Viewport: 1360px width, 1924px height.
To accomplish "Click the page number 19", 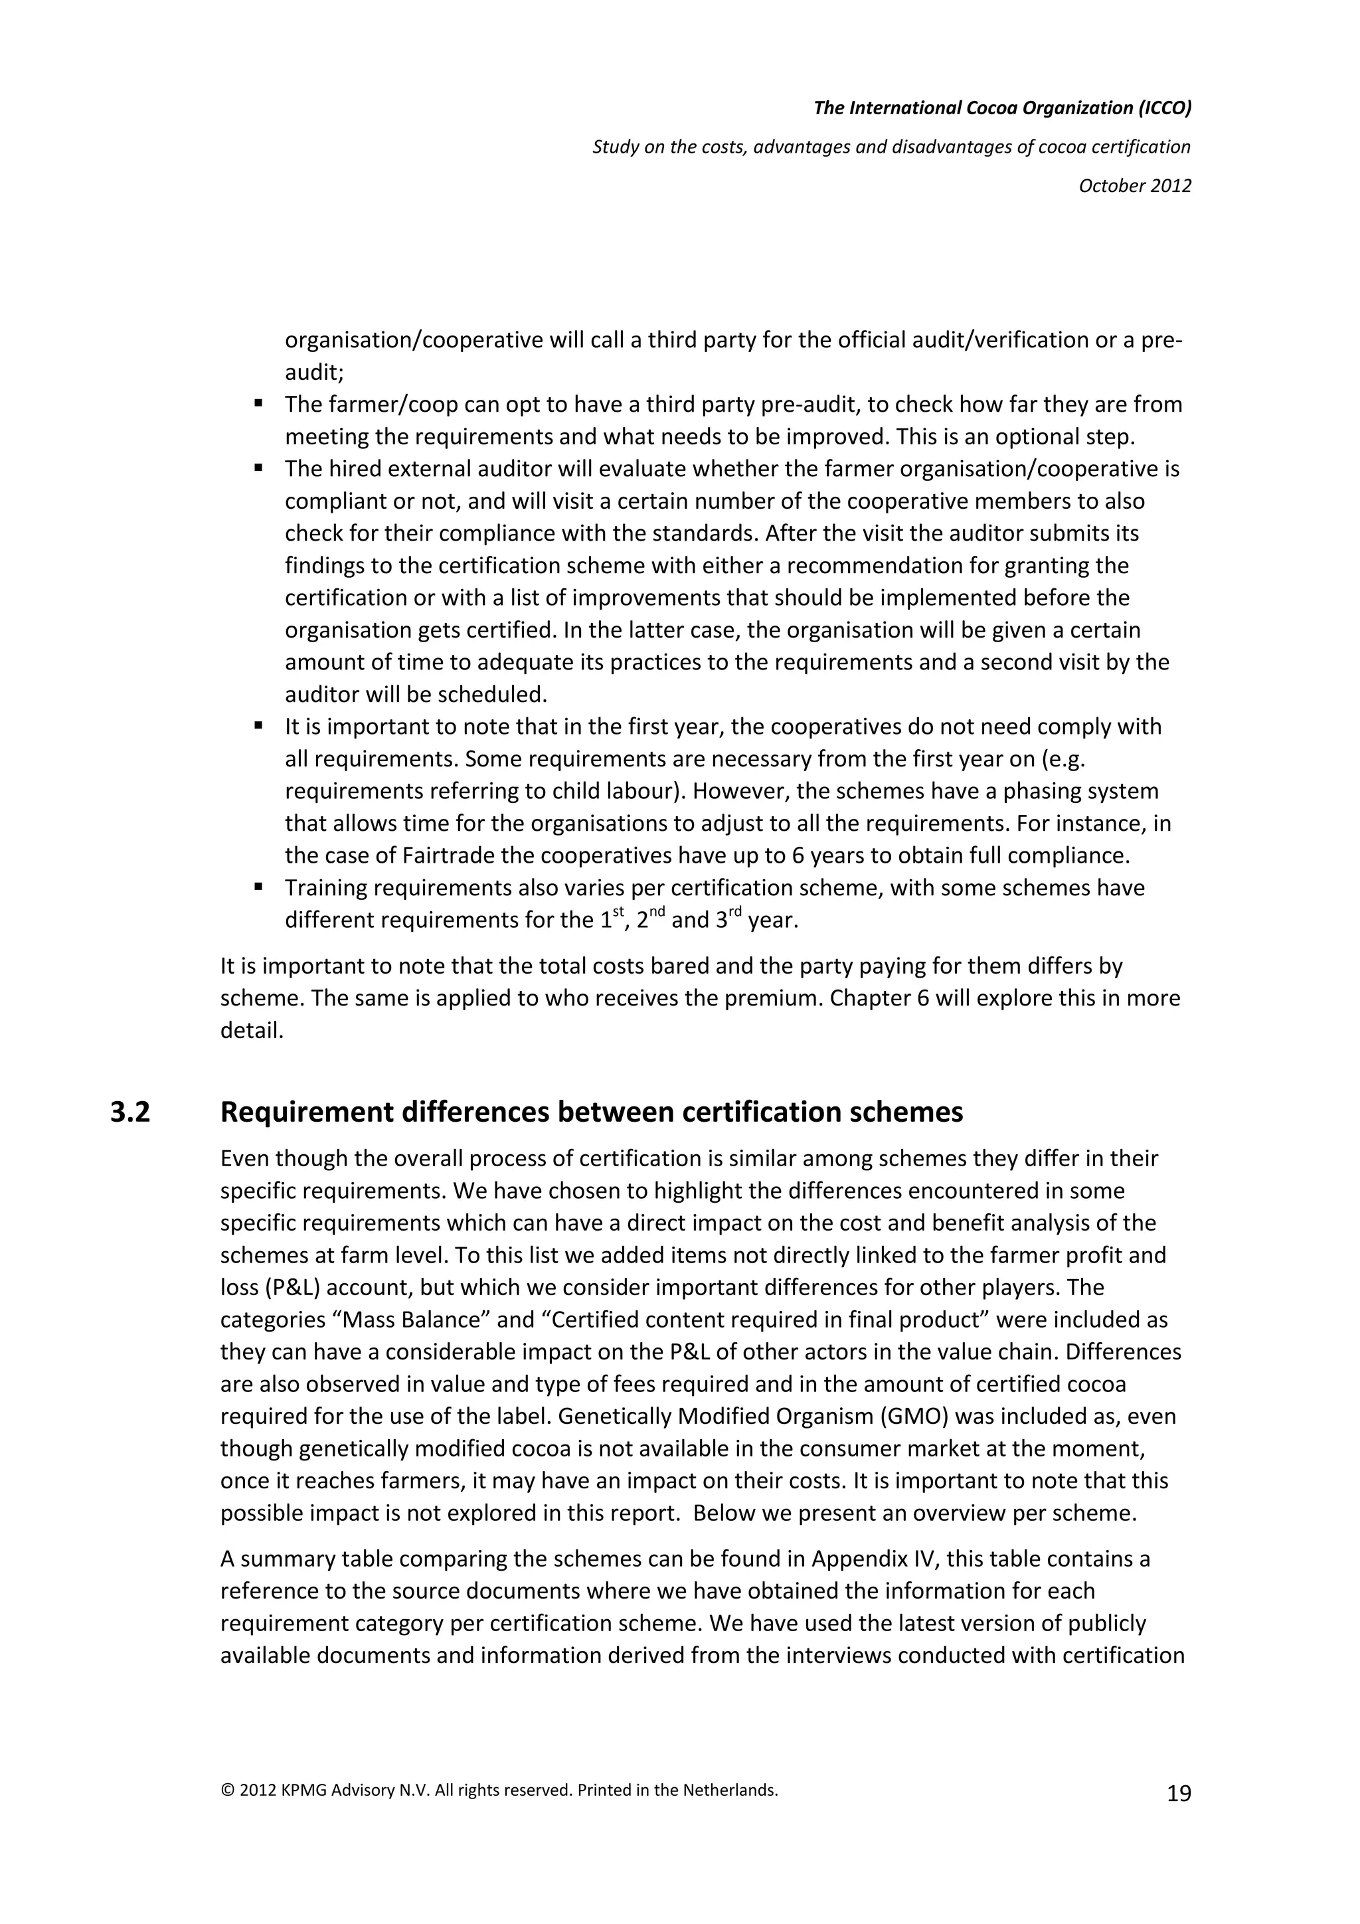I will tap(1178, 1793).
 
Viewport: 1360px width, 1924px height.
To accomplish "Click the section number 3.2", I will tap(130, 1112).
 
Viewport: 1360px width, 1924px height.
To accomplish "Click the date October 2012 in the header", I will tap(1135, 185).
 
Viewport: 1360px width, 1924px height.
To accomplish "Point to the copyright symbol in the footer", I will tap(227, 1790).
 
